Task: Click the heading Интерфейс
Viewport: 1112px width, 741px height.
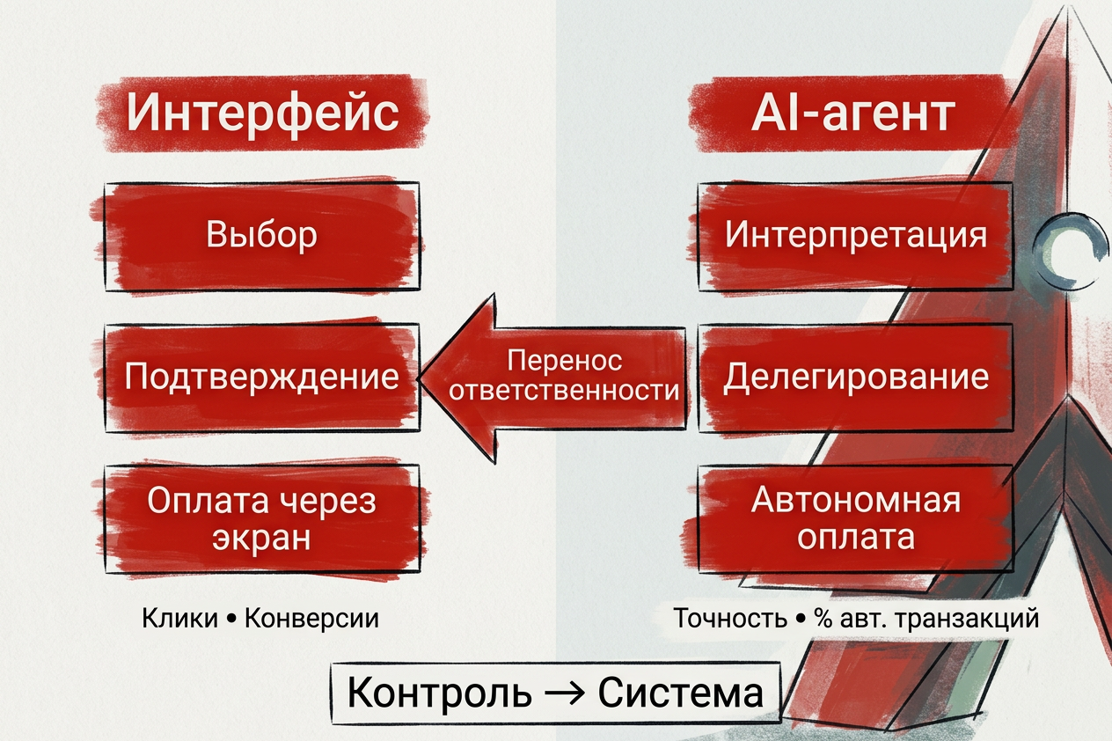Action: [263, 113]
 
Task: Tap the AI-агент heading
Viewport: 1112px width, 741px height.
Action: [852, 114]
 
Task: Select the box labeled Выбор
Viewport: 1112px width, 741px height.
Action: [262, 237]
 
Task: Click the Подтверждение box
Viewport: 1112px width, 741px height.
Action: [262, 378]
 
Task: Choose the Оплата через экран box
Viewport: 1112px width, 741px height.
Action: [262, 519]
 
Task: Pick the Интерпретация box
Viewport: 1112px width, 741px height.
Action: [855, 237]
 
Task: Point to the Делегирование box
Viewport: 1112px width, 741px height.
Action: [855, 378]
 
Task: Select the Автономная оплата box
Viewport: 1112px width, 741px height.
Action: [855, 519]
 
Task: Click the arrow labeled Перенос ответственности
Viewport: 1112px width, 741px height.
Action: [552, 378]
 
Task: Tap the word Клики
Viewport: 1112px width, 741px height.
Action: [179, 619]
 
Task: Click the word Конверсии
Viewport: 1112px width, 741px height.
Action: [311, 619]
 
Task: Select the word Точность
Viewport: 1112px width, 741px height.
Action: [730, 619]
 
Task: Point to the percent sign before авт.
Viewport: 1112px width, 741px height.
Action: [823, 619]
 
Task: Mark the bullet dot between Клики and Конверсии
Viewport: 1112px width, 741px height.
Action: [231, 620]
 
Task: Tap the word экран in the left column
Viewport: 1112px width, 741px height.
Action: [261, 538]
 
